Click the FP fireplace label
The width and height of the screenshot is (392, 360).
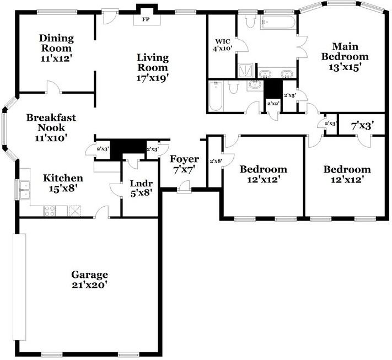(x=146, y=19)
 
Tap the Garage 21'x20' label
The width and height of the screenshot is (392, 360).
(x=89, y=280)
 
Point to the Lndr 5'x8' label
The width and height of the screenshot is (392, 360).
(x=140, y=188)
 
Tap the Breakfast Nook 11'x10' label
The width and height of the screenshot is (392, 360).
(x=51, y=128)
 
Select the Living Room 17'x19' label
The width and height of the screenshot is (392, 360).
(x=152, y=67)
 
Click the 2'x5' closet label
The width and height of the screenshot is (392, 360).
(x=290, y=95)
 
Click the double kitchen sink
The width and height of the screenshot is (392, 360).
(x=24, y=190)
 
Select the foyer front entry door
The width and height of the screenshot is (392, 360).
(x=184, y=190)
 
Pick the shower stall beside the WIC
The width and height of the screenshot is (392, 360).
(x=245, y=71)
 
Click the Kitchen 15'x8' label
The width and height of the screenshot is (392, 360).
(x=63, y=183)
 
